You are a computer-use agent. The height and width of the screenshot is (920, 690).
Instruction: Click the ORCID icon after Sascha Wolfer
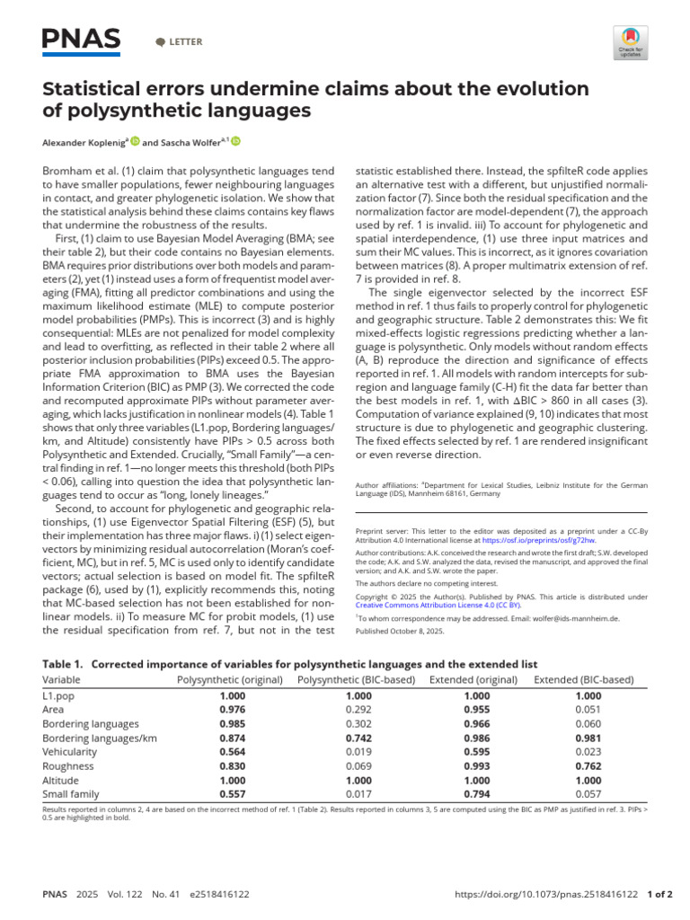237,141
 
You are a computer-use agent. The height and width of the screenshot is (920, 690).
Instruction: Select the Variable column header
61,679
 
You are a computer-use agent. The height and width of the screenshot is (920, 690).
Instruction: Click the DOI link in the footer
548,895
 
